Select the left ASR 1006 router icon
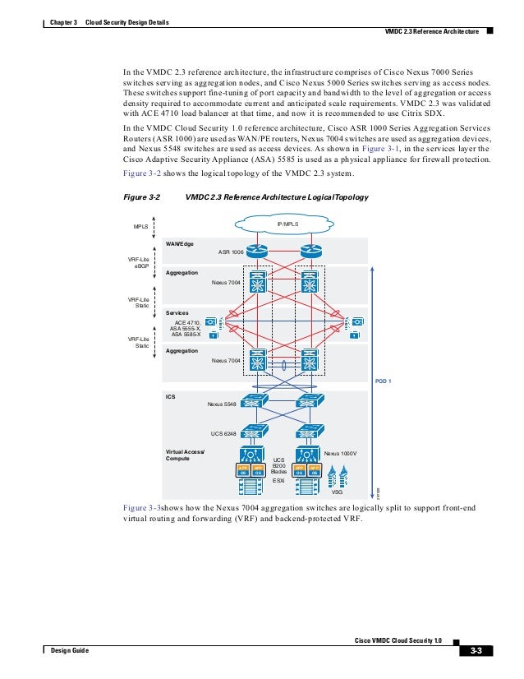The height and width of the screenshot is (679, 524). pos(259,251)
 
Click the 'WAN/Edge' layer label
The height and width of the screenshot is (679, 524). pos(179,244)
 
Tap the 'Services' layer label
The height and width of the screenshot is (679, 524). pos(177,313)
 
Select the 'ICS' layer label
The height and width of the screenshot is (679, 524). pos(170,396)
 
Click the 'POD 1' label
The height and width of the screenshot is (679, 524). pos(384,381)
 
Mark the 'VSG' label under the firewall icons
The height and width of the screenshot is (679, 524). pos(336,492)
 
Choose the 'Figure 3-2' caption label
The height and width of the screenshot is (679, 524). pos(140,198)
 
